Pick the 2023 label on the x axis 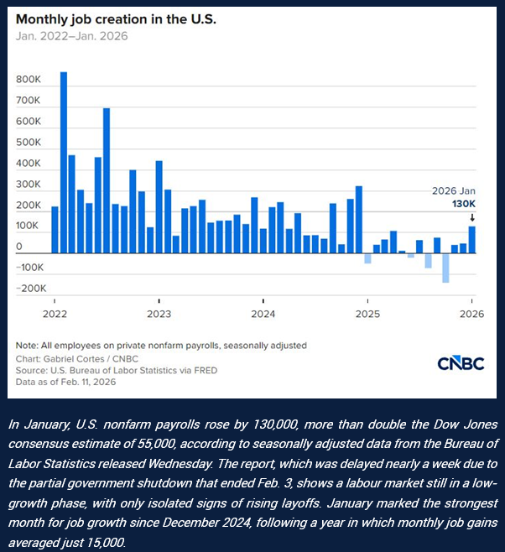click(159, 314)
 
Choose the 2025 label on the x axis click(367, 314)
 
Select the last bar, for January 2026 click(472, 239)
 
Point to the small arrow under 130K click(472, 216)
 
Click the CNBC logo click(460, 363)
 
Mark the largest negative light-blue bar click(445, 268)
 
